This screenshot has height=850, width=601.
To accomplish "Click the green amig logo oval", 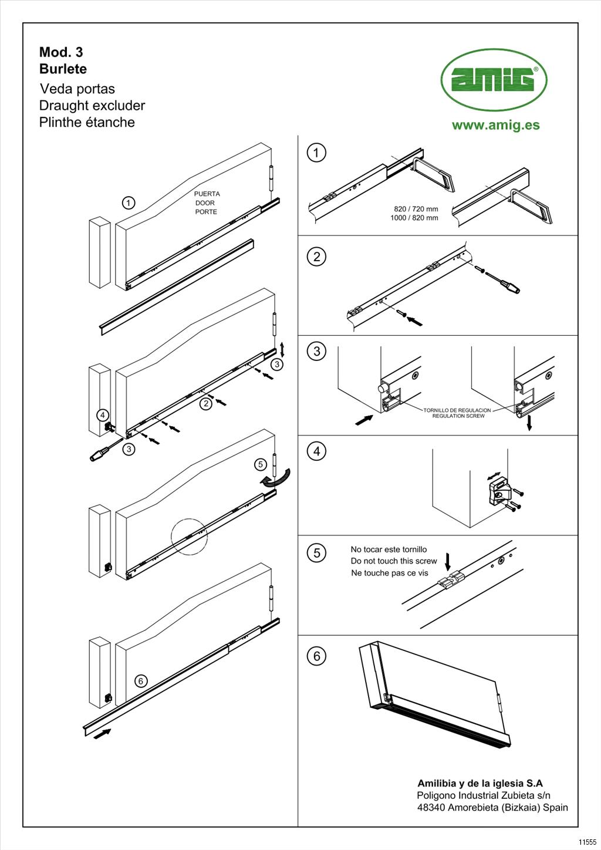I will click(494, 80).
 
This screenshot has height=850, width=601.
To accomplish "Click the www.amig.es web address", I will click(495, 125).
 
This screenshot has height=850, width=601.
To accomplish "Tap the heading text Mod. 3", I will click(61, 52).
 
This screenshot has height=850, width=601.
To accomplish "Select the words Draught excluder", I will click(92, 106).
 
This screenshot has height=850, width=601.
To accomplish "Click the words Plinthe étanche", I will click(87, 122).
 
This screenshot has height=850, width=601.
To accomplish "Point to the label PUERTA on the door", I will click(207, 194).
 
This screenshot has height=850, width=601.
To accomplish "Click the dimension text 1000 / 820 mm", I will click(414, 218).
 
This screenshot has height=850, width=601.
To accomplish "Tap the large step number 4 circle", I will click(317, 451).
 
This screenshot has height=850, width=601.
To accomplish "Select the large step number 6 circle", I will click(317, 656).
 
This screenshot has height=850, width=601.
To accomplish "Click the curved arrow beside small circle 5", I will click(276, 478).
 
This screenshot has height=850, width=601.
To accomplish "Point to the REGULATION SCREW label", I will click(458, 416).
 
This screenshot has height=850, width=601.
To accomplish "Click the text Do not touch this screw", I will click(394, 561).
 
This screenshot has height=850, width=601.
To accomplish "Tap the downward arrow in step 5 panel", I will click(448, 562).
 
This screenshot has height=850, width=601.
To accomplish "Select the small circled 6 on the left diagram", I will click(141, 681).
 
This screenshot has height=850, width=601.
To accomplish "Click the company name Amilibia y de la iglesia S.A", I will click(480, 783).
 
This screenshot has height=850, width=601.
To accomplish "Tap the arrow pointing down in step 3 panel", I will click(529, 423).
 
